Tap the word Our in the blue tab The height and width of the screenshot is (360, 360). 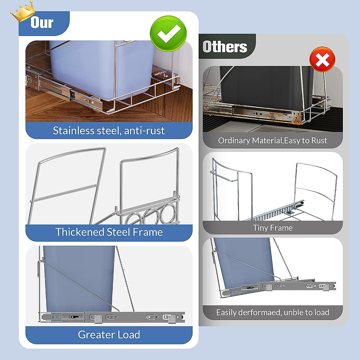click(x=42, y=23)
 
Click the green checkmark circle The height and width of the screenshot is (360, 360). click(x=168, y=34)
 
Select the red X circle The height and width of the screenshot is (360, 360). click(x=322, y=59)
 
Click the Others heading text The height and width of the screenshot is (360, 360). click(x=225, y=47)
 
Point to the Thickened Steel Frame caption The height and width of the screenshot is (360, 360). click(x=109, y=232)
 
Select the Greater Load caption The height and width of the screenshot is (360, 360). click(x=109, y=334)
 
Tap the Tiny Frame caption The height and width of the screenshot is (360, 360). click(x=272, y=228)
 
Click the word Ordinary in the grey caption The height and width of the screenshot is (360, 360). click(x=234, y=140)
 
